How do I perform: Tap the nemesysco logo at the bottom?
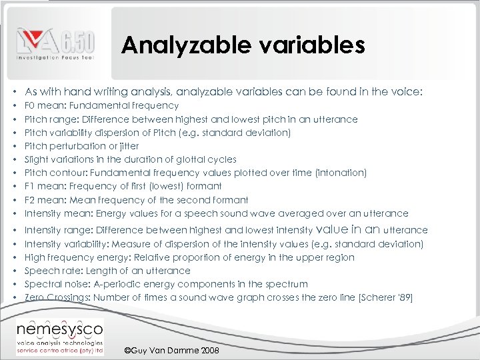coord(60,333)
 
